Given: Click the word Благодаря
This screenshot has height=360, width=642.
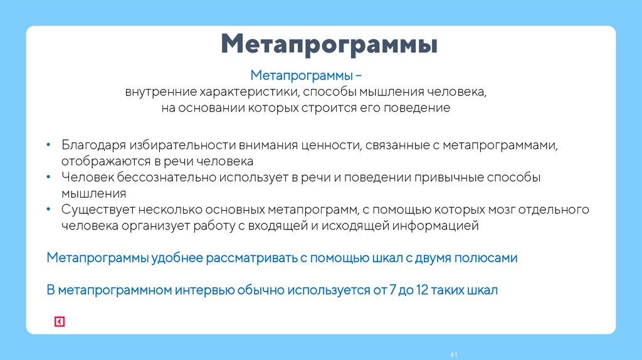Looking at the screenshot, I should coord(91,146).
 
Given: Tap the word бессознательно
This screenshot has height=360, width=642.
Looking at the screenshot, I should coord(165,177).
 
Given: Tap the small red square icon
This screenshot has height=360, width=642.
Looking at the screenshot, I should coord(59,322).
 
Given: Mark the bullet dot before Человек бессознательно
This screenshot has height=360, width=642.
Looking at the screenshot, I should coord(49,177).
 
